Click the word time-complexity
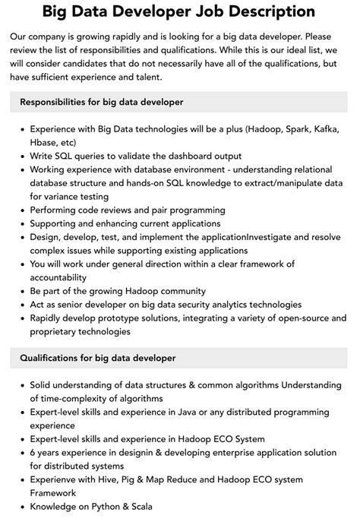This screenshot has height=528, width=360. point(80,398)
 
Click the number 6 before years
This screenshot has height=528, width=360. point(33,453)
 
